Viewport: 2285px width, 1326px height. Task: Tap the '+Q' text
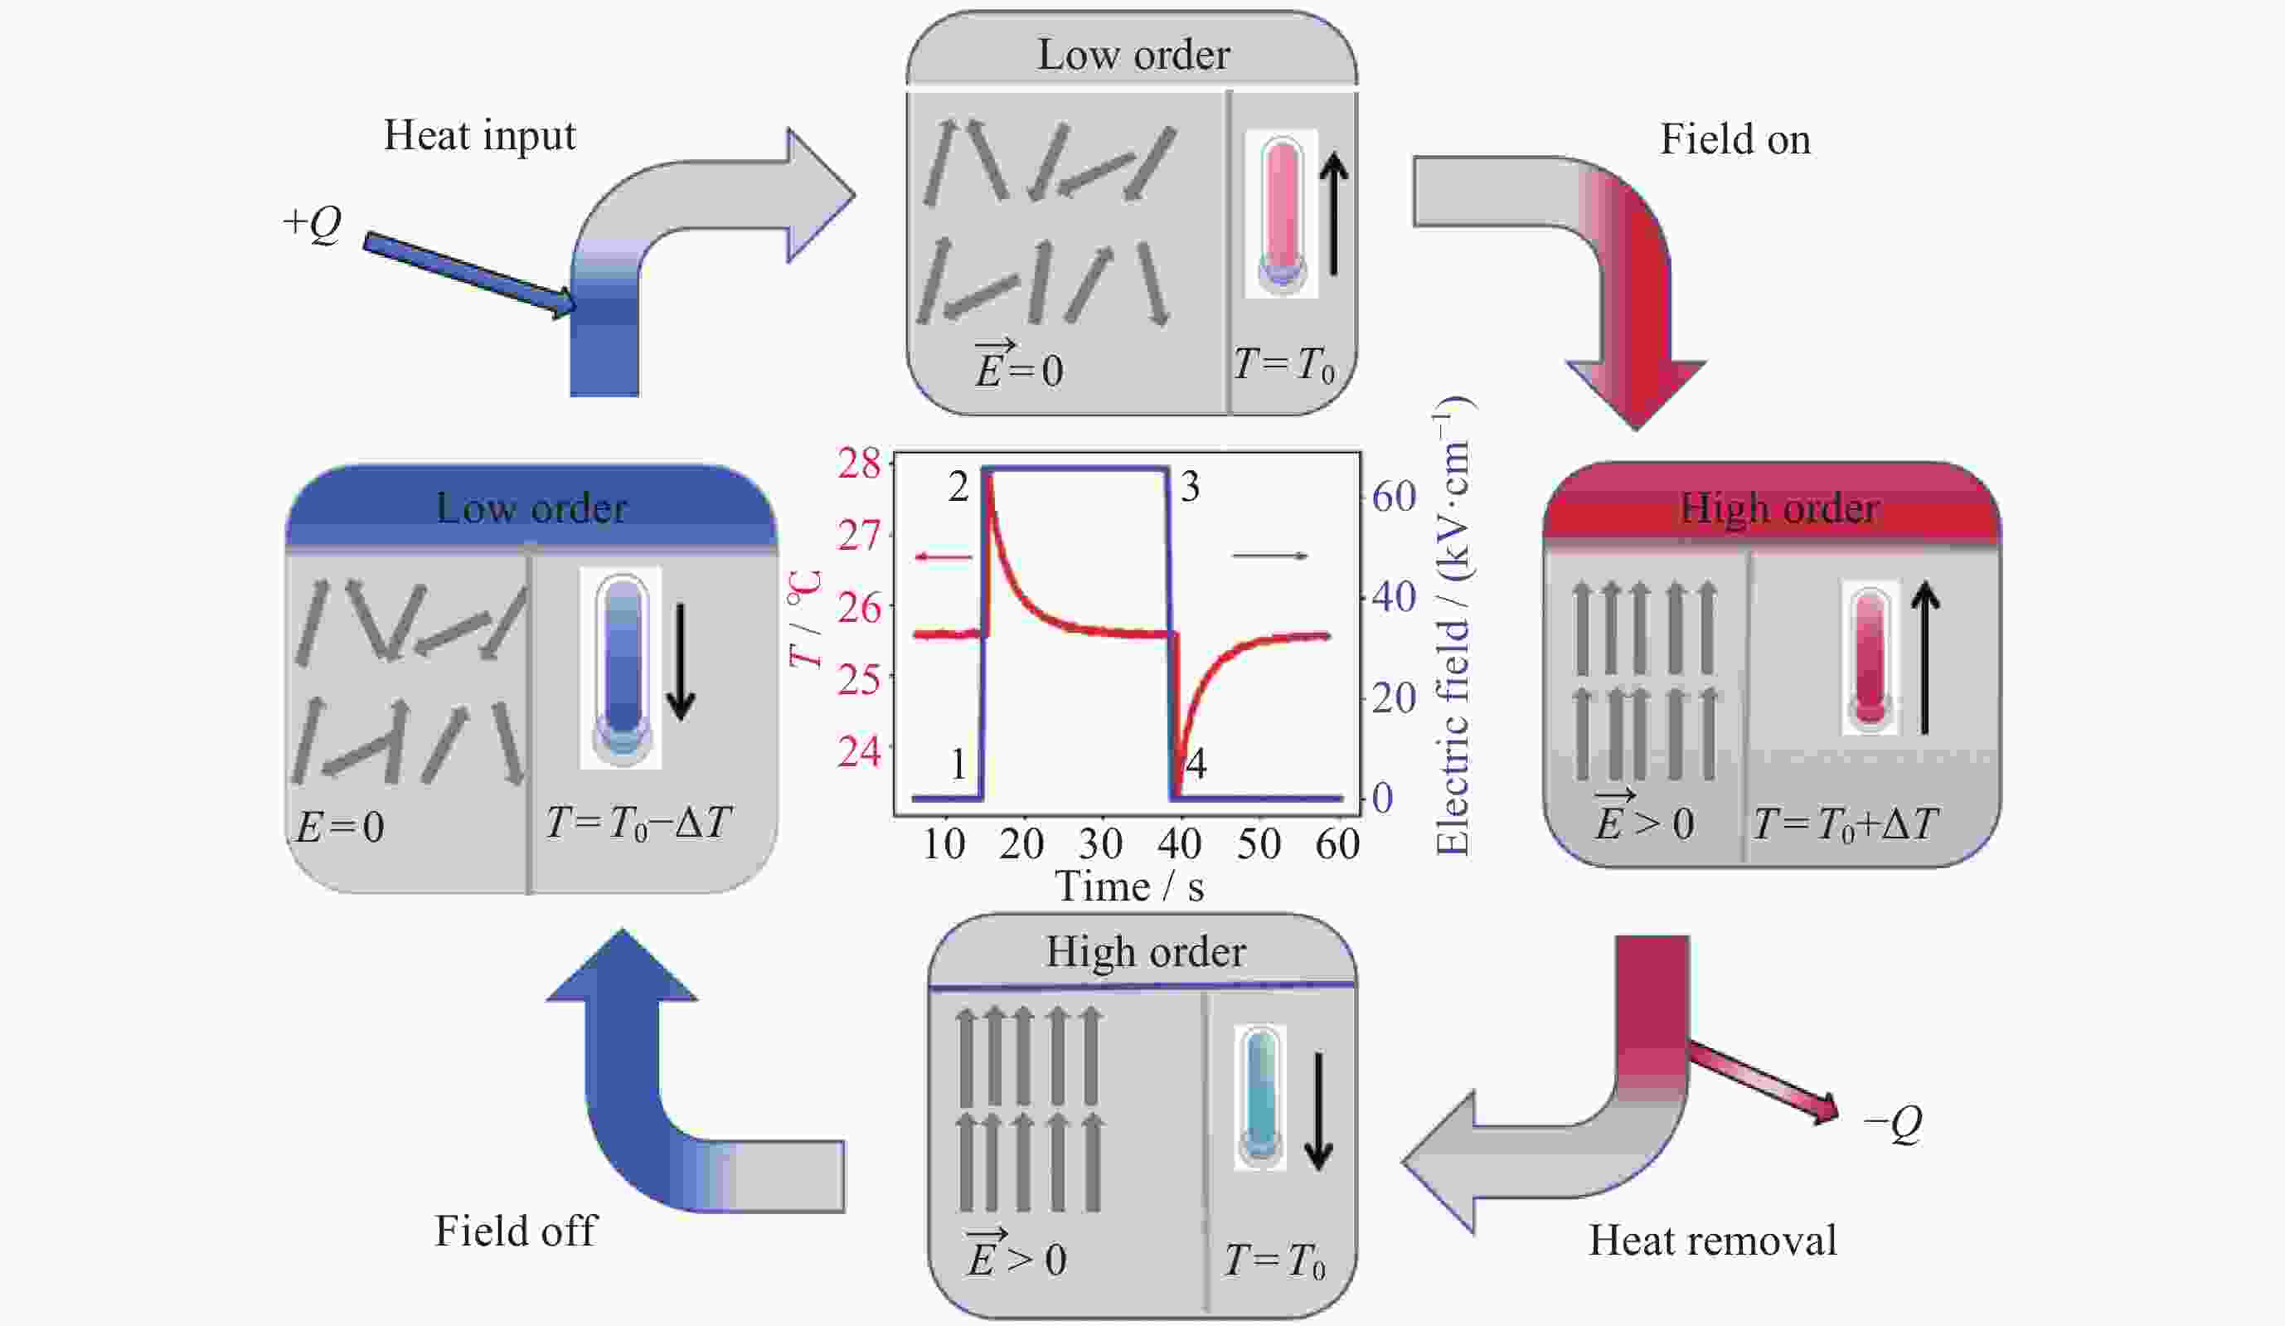pos(311,222)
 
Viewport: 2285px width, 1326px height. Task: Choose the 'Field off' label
pos(515,1231)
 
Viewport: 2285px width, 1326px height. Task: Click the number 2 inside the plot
pos(958,488)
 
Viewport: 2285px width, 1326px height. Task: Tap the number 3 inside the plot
pos(1190,488)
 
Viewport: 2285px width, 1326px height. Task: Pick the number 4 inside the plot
pos(1196,765)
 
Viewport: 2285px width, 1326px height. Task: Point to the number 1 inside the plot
pos(958,765)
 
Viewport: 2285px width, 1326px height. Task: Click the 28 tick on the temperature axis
pos(858,464)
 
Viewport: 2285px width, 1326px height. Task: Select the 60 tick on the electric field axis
pos(1394,497)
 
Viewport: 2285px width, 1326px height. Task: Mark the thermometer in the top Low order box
pos(1281,215)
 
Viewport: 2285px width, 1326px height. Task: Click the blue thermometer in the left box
pos(621,668)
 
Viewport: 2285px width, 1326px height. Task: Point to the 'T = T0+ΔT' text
pos(1846,824)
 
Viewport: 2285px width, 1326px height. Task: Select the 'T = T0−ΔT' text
pos(638,824)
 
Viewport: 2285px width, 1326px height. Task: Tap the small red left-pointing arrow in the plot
pos(943,557)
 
